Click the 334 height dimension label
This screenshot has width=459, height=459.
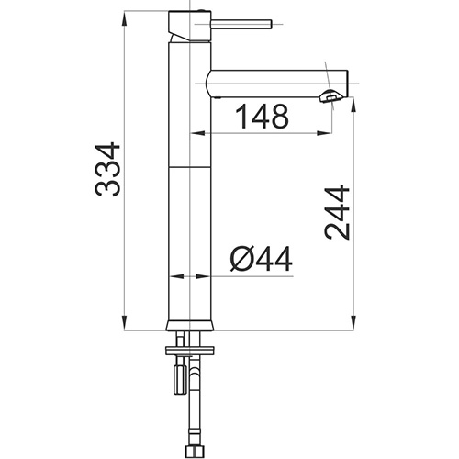[107, 169]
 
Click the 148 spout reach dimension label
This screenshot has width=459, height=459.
[263, 117]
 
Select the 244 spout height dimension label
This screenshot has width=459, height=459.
[337, 212]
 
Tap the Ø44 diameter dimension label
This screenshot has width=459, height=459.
[261, 259]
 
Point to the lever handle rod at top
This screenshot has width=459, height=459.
[241, 24]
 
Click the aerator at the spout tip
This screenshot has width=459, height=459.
[330, 96]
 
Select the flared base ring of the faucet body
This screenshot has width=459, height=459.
[190, 326]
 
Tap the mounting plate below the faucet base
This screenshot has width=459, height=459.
[190, 351]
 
